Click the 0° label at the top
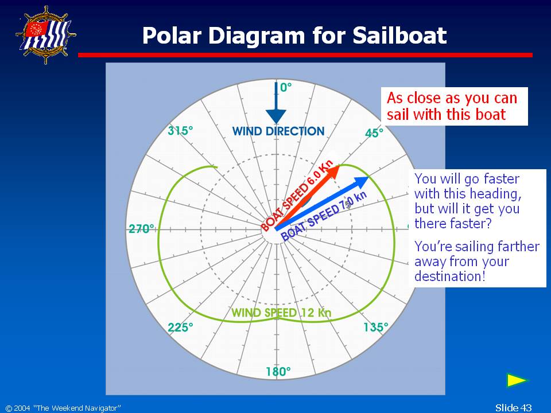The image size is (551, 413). point(286,87)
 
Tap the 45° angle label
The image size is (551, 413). point(374,133)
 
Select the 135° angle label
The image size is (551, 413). point(375,328)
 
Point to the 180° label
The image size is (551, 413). point(278,371)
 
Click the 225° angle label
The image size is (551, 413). point(180,328)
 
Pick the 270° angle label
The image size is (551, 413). point(141,229)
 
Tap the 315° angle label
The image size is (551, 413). point(180,131)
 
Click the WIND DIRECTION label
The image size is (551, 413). point(278,131)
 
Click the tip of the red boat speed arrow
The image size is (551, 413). point(339,165)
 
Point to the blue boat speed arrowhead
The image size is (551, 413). point(362,183)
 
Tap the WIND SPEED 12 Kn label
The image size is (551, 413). point(281,313)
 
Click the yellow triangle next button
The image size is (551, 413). point(517,380)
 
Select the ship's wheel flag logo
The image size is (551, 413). point(46,35)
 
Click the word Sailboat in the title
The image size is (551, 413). point(399,36)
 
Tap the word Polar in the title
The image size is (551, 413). point(172,36)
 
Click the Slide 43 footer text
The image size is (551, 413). point(513,407)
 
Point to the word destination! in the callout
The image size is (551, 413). point(450,276)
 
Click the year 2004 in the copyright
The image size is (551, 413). point(22,408)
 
